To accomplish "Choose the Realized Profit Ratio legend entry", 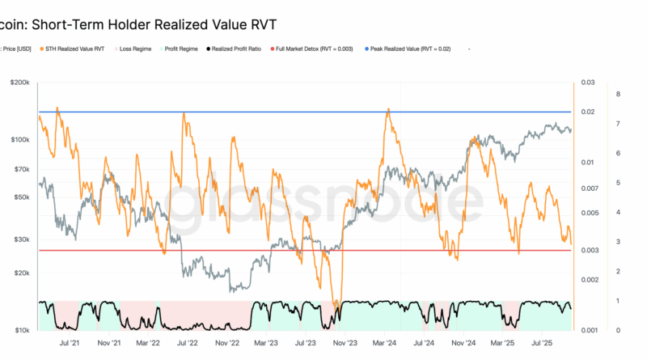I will click(243, 49).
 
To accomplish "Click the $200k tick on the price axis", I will click(20, 83).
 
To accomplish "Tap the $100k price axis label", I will click(20, 140).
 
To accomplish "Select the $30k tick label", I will click(22, 239).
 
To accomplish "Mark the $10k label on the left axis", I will click(22, 330).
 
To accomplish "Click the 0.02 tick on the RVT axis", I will click(589, 112).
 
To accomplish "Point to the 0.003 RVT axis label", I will click(590, 250).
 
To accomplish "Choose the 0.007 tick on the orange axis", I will click(590, 188).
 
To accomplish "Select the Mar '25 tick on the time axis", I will click(503, 343).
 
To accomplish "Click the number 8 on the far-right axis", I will click(619, 95).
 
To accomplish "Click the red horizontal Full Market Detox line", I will click(243, 250).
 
